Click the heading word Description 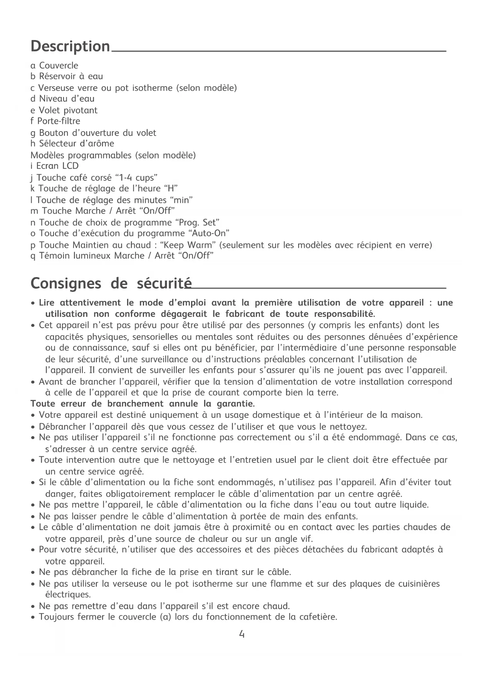tap(70, 47)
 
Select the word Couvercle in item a tap(59, 66)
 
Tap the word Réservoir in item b tap(58, 77)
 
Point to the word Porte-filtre tap(59, 121)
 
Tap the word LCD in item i tap(70, 166)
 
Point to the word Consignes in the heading tap(66, 284)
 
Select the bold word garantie tap(236, 404)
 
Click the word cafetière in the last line tap(318, 617)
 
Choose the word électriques tap(68, 595)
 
